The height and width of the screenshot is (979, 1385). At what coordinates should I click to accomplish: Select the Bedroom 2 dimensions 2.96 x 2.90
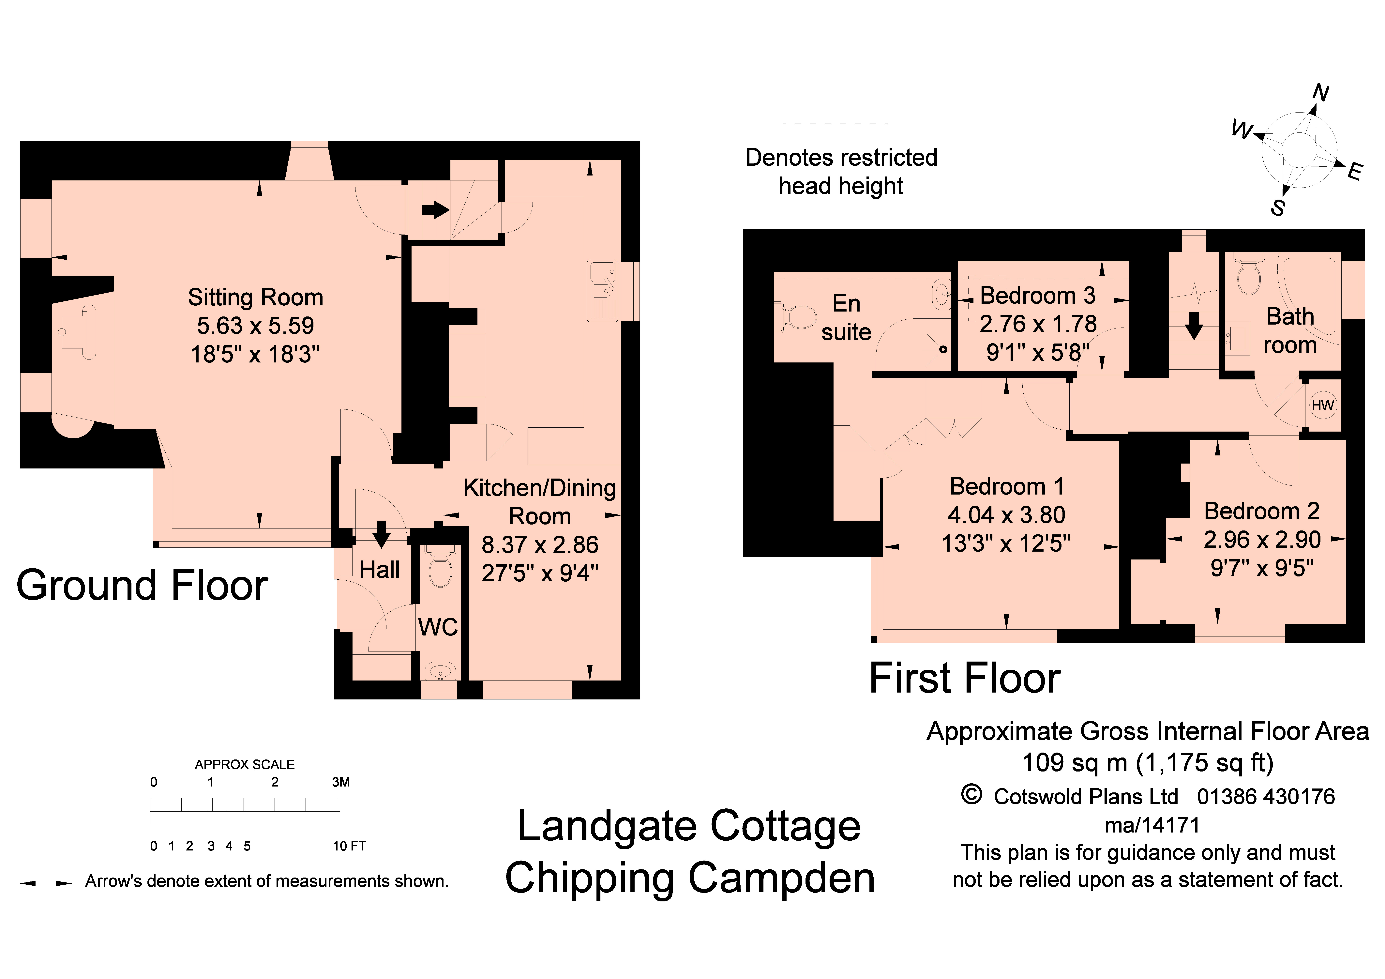coord(1262,539)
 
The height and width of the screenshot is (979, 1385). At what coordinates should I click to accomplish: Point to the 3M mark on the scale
coord(341,782)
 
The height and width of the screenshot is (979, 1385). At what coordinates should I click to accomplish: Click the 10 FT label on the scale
coord(349,846)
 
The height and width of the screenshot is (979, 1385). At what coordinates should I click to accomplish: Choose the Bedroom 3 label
coord(1038,296)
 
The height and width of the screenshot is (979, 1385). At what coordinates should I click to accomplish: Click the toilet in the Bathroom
coord(1248,274)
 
